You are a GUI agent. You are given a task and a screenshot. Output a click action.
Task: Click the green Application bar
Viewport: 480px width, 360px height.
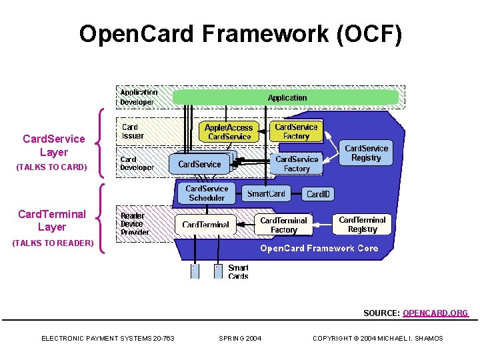click(286, 98)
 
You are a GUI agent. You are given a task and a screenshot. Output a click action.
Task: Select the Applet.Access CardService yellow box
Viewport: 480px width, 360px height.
click(229, 132)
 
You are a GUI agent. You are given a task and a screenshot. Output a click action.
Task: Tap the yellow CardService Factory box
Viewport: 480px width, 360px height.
click(297, 131)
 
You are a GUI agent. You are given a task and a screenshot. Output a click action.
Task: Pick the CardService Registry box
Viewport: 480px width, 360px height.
click(366, 153)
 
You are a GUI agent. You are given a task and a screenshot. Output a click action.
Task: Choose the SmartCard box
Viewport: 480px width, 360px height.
click(266, 194)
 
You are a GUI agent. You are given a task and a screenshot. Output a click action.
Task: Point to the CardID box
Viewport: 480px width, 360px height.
click(318, 195)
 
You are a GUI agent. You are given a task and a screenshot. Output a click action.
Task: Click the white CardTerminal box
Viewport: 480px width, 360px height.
click(205, 225)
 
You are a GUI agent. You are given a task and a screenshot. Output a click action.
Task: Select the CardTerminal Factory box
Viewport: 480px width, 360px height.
click(283, 225)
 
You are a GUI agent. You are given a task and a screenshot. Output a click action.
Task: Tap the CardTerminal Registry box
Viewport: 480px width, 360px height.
click(362, 224)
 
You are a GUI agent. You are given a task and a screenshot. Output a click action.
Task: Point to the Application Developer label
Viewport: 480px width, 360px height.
click(138, 97)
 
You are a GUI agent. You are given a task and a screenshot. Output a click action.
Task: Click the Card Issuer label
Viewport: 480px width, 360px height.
click(132, 131)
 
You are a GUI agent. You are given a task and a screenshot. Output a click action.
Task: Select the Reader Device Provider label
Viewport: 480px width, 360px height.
click(135, 224)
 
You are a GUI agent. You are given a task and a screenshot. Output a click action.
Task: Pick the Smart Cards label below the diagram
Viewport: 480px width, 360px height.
click(238, 272)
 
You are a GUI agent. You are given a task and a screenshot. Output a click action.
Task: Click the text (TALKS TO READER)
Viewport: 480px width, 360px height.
click(53, 243)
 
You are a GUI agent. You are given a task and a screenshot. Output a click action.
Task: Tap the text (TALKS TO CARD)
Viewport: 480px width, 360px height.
click(51, 167)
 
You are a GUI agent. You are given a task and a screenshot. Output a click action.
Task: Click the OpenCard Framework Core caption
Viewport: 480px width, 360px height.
click(319, 249)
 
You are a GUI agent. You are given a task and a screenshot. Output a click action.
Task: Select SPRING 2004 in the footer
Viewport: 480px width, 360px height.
click(240, 339)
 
